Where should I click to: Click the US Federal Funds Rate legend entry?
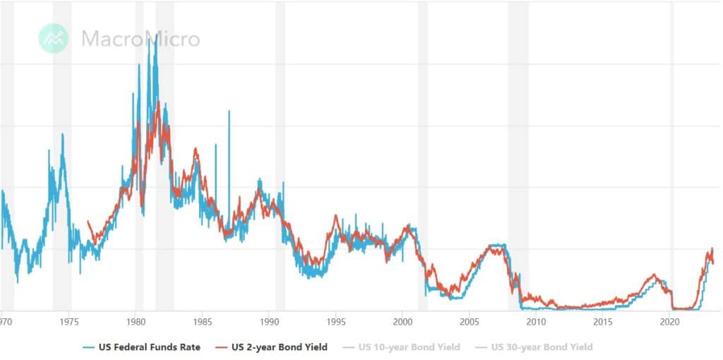tap(142, 347)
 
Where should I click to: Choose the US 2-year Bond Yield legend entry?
tap(272, 347)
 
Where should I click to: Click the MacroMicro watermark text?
tap(141, 38)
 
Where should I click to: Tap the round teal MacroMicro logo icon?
tap(53, 38)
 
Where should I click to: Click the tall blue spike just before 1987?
tap(229, 112)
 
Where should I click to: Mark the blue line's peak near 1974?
tap(62, 134)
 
